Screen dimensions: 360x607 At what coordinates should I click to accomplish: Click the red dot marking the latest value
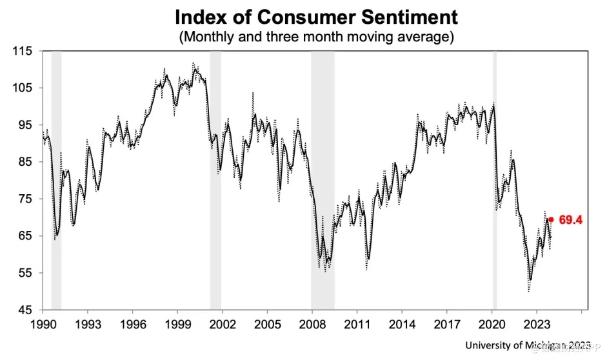point(550,219)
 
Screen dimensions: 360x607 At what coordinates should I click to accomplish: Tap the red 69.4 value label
point(571,220)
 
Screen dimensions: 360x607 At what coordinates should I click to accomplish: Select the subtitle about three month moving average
point(316,37)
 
